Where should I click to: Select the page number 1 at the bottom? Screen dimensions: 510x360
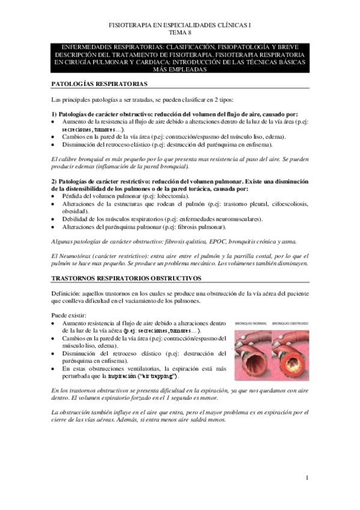[x=307, y=478]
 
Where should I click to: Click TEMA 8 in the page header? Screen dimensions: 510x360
[x=180, y=32]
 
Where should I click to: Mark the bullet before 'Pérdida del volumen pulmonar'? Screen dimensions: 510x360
[x=54, y=197]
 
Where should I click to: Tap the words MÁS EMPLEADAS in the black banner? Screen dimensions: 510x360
[x=180, y=69]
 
